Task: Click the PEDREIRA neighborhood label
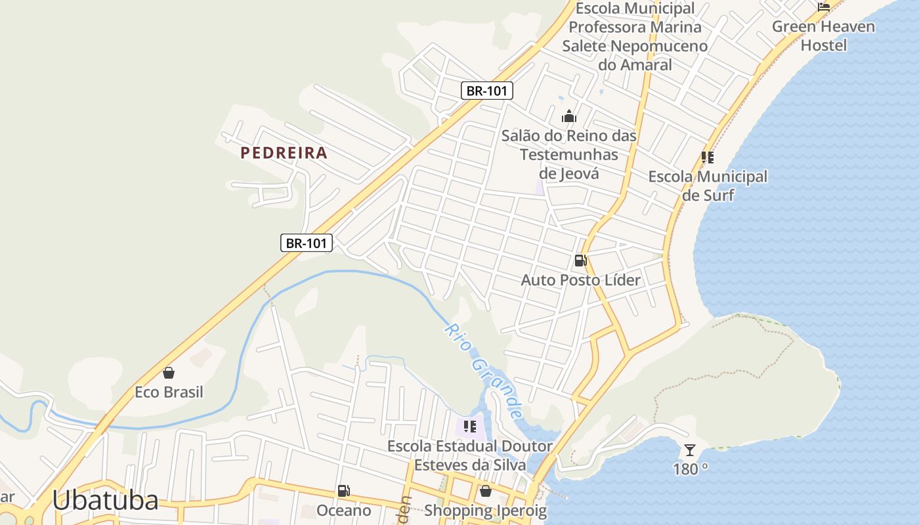point(284,153)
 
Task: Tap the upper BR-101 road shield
point(486,91)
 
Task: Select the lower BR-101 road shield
point(307,243)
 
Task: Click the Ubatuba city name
point(105,500)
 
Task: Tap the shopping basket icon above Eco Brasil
point(169,373)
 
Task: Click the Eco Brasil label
point(169,392)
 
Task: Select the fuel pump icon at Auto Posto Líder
point(580,261)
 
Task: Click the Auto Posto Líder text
point(580,280)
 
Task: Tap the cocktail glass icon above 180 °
point(690,450)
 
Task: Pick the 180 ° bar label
point(690,469)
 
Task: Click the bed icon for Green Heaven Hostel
point(824,7)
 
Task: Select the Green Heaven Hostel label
point(823,36)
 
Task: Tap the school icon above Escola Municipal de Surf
point(708,157)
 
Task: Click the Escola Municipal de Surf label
point(708,186)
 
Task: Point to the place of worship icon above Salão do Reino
point(568,117)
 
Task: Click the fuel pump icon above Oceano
point(343,491)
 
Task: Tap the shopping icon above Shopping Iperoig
point(485,491)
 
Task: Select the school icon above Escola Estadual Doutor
point(470,427)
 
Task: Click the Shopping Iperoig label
point(485,511)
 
